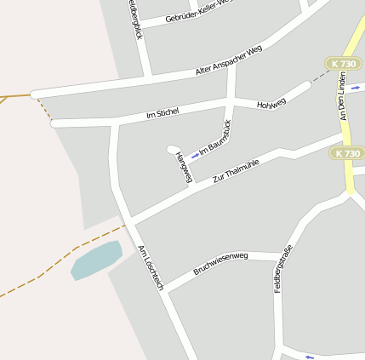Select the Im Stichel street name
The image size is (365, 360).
tap(162, 113)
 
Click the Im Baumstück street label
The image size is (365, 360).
tap(217, 140)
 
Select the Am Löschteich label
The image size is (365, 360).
tap(151, 267)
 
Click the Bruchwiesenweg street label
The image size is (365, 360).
tap(220, 262)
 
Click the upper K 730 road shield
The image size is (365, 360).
tap(343, 64)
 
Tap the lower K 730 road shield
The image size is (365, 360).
tap(347, 153)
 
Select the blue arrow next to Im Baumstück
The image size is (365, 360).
tap(195, 156)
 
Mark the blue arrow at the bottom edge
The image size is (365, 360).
tap(309, 357)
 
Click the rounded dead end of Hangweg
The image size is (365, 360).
tap(172, 149)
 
